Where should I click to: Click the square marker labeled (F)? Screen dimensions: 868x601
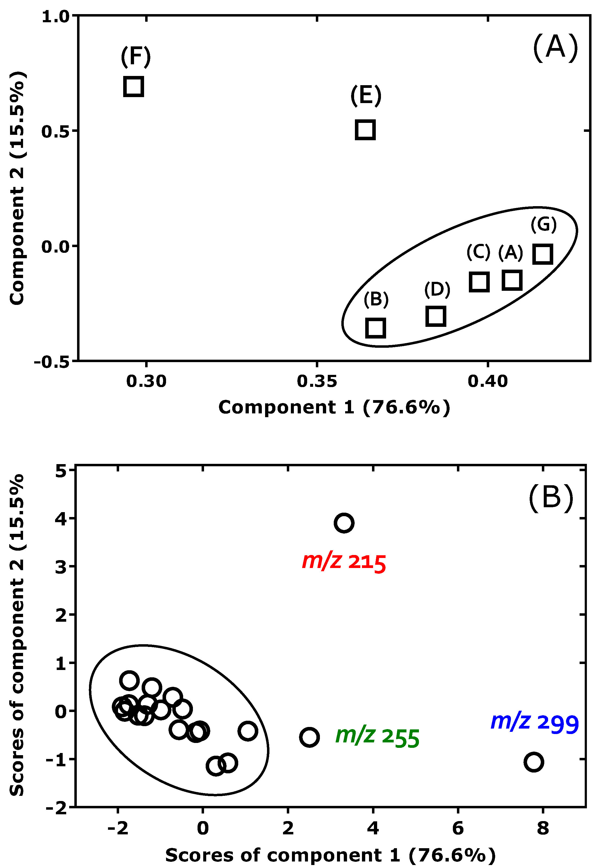134,86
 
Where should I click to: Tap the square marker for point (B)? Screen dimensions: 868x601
376,327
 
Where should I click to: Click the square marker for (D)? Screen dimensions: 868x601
436,316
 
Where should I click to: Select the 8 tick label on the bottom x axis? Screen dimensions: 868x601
543,828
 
